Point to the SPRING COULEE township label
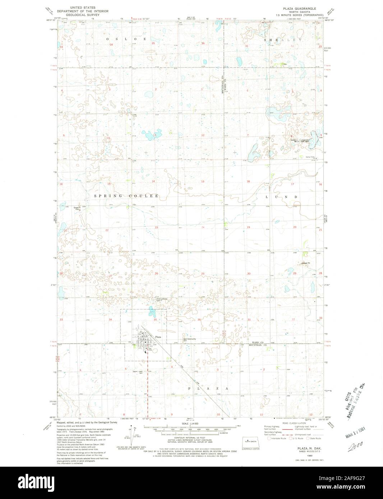coord(126,196)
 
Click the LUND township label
coord(281,197)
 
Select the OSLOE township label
coord(126,38)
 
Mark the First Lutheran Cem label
coord(162,299)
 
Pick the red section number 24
coord(203,228)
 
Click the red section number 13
coord(203,182)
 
